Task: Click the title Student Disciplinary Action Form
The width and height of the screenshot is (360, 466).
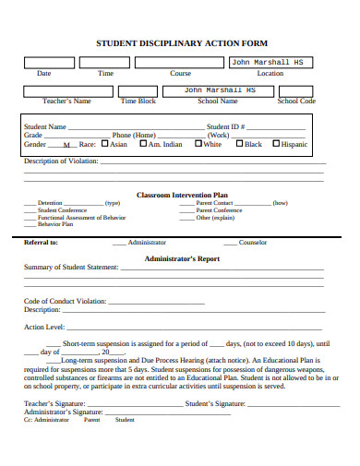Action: coord(182,42)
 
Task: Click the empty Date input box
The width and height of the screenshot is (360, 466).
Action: coord(44,63)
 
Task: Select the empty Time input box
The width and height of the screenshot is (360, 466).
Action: coord(103,63)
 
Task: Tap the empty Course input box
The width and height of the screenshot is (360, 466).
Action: coord(179,63)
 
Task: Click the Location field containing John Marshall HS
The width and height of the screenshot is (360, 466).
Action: coord(270,63)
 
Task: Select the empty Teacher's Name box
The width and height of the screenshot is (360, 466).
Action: coord(66,91)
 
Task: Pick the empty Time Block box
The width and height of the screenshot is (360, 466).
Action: coord(139,91)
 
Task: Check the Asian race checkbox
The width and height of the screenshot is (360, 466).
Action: coord(104,144)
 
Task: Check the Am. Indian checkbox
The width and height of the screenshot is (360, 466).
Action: coord(143,144)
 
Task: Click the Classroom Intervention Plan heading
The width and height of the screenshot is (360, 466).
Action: coord(182,195)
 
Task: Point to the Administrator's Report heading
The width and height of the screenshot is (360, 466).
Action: coord(182,259)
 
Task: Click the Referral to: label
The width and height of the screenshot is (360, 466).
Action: coord(41,243)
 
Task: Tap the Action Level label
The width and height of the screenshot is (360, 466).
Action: coord(43,327)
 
